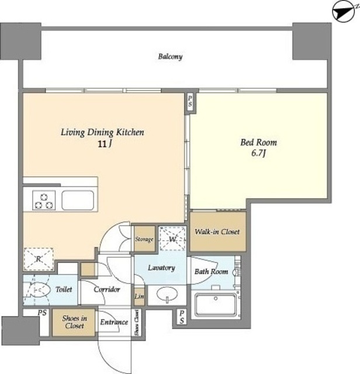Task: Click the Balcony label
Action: pyautogui.click(x=170, y=57)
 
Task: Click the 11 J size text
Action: pyautogui.click(x=105, y=144)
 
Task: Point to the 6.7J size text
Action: pyautogui.click(x=258, y=153)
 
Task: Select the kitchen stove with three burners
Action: pyautogui.click(x=44, y=200)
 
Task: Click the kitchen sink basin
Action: pyautogui.click(x=78, y=200)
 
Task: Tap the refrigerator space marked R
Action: pyautogui.click(x=39, y=259)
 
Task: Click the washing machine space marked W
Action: pyautogui.click(x=172, y=238)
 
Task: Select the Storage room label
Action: pyautogui.click(x=144, y=239)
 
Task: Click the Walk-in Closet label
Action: pyautogui.click(x=217, y=231)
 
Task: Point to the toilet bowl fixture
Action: pyautogui.click(x=39, y=290)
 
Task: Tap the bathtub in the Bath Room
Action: pyautogui.click(x=216, y=304)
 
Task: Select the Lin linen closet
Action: pyautogui.click(x=139, y=296)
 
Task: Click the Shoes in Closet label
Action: pyautogui.click(x=74, y=322)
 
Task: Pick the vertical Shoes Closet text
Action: pyautogui.click(x=137, y=322)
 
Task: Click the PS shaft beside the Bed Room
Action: pyautogui.click(x=190, y=102)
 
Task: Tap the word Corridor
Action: pyautogui.click(x=106, y=289)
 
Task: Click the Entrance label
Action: pyautogui.click(x=114, y=322)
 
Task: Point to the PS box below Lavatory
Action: pyautogui.click(x=182, y=317)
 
